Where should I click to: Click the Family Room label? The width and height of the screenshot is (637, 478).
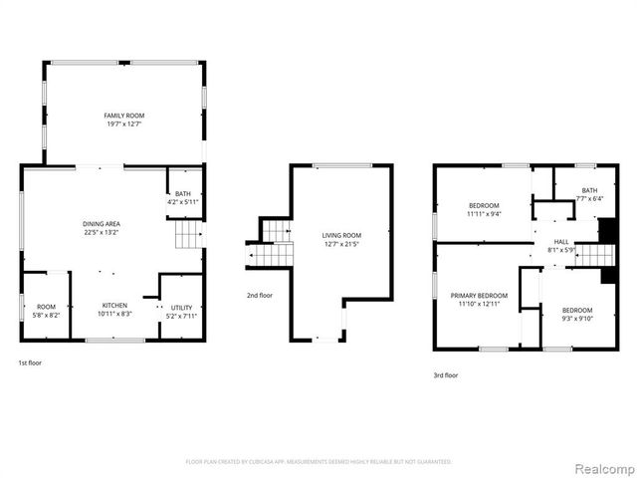(124, 116)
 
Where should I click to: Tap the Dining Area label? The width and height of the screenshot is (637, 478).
(102, 224)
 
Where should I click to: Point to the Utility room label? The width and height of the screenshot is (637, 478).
(181, 308)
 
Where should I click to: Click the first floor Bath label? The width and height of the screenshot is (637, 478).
(183, 194)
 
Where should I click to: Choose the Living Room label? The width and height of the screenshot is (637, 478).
(339, 236)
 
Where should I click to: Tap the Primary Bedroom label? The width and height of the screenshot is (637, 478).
(479, 296)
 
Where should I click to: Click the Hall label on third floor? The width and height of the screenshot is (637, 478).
(561, 241)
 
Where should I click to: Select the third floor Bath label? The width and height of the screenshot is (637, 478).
(590, 190)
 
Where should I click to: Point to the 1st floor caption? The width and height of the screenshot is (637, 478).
(30, 362)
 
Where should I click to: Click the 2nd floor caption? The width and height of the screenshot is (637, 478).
(260, 295)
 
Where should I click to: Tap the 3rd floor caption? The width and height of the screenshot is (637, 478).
(445, 375)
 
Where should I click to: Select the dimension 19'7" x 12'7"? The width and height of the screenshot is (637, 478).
(124, 124)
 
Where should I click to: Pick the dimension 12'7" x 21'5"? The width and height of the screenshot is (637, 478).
(339, 245)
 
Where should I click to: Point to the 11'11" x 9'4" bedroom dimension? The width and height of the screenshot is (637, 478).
(484, 213)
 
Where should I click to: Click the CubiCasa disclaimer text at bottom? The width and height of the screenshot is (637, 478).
(318, 462)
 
